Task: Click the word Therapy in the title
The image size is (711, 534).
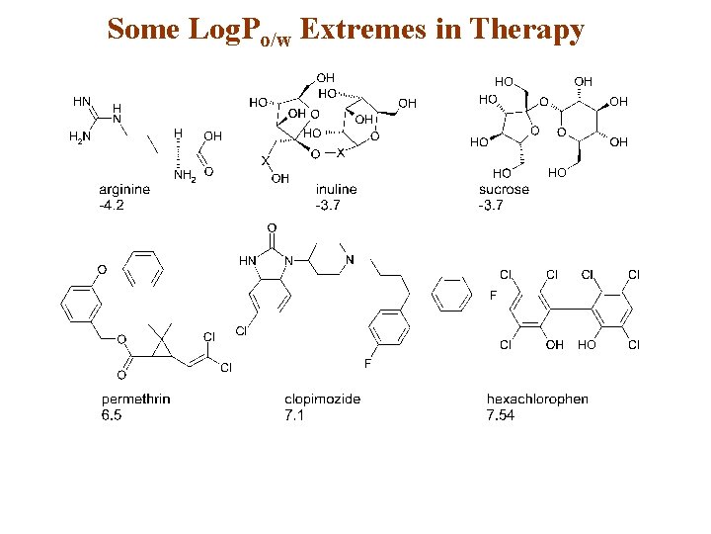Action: [x=526, y=31]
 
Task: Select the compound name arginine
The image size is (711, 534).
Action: [x=124, y=189]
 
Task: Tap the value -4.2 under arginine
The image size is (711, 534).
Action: [x=112, y=205]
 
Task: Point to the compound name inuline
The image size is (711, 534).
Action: [x=336, y=189]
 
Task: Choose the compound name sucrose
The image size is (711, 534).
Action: [x=504, y=189]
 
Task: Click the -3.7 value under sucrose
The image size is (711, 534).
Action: [x=492, y=205]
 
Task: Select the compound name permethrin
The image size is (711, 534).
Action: [x=135, y=400]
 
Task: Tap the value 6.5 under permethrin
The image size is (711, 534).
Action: [x=112, y=415]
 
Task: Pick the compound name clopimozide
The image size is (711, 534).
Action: [x=323, y=400]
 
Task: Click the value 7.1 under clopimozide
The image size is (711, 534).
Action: [x=295, y=415]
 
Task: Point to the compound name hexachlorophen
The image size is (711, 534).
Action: [x=537, y=400]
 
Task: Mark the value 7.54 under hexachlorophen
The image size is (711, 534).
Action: [x=500, y=415]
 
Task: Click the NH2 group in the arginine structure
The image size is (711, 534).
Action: [x=185, y=176]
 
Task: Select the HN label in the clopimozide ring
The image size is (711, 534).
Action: [x=247, y=260]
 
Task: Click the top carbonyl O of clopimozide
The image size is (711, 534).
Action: [x=271, y=229]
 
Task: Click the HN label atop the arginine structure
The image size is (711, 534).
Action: [x=81, y=100]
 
